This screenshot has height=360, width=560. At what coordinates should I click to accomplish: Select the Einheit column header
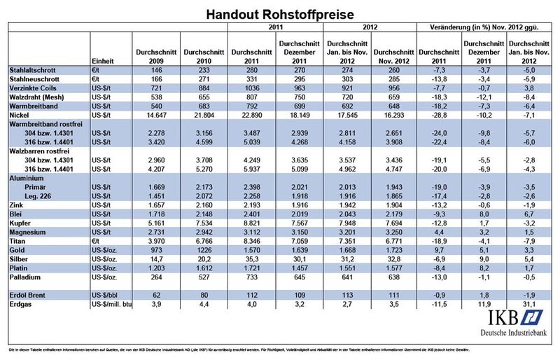(102, 62)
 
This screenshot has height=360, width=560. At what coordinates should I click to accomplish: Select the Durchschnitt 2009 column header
(155, 57)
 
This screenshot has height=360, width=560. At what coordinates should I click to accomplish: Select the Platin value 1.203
(155, 267)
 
